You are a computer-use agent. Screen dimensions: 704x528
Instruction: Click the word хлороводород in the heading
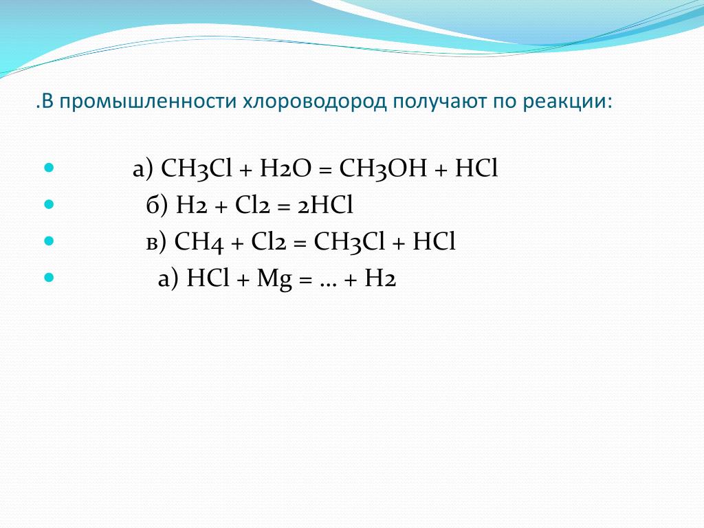tap(314, 102)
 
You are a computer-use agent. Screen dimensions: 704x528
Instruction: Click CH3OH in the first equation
tap(383, 169)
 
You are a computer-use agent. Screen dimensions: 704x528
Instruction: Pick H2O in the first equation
tap(285, 169)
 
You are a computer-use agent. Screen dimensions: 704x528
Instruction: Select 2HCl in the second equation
tap(325, 205)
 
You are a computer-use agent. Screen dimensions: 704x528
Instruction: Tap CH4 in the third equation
tap(199, 242)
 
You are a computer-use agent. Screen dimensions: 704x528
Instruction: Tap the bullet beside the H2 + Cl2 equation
tap(49, 205)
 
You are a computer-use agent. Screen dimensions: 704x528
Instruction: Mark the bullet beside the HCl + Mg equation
tap(49, 277)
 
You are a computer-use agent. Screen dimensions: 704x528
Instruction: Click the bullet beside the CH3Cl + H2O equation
tap(49, 168)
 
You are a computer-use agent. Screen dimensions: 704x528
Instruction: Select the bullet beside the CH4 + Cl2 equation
tap(49, 241)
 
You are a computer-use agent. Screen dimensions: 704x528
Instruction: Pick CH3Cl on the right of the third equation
tap(349, 242)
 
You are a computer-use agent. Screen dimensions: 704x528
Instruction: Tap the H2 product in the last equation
tap(380, 278)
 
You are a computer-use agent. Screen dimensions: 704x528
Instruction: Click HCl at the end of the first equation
tap(476, 169)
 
